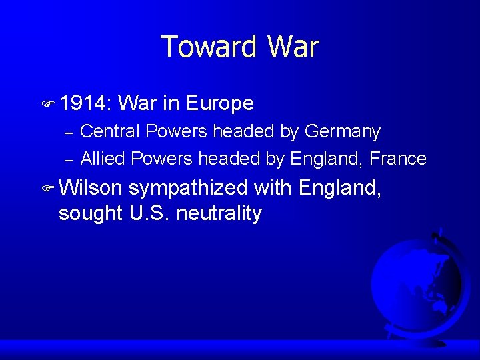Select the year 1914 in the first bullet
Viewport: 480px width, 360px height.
85,103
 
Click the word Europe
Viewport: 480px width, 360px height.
220,103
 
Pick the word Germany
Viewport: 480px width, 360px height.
343,132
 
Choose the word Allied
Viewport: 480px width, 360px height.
103,159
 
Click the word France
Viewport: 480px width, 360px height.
397,159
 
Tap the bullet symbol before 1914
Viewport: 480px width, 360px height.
47,104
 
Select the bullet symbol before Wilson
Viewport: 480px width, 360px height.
47,189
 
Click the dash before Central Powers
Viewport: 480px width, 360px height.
67,133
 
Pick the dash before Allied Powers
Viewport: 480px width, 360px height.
67,160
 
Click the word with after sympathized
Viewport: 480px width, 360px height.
273,189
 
